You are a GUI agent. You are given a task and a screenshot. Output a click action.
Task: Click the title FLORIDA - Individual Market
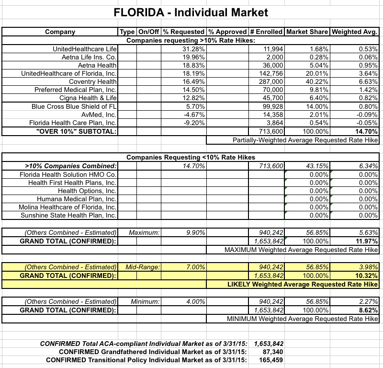pyautogui.click(x=191, y=11)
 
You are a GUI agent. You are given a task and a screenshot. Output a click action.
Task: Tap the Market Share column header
pyautogui.click(x=306, y=32)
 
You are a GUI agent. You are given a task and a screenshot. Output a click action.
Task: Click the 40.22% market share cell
pyautogui.click(x=316, y=81)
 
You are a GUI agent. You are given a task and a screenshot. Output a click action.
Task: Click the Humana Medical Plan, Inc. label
pyautogui.click(x=77, y=199)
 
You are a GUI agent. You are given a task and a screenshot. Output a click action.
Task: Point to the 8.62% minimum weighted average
pyautogui.click(x=369, y=310)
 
